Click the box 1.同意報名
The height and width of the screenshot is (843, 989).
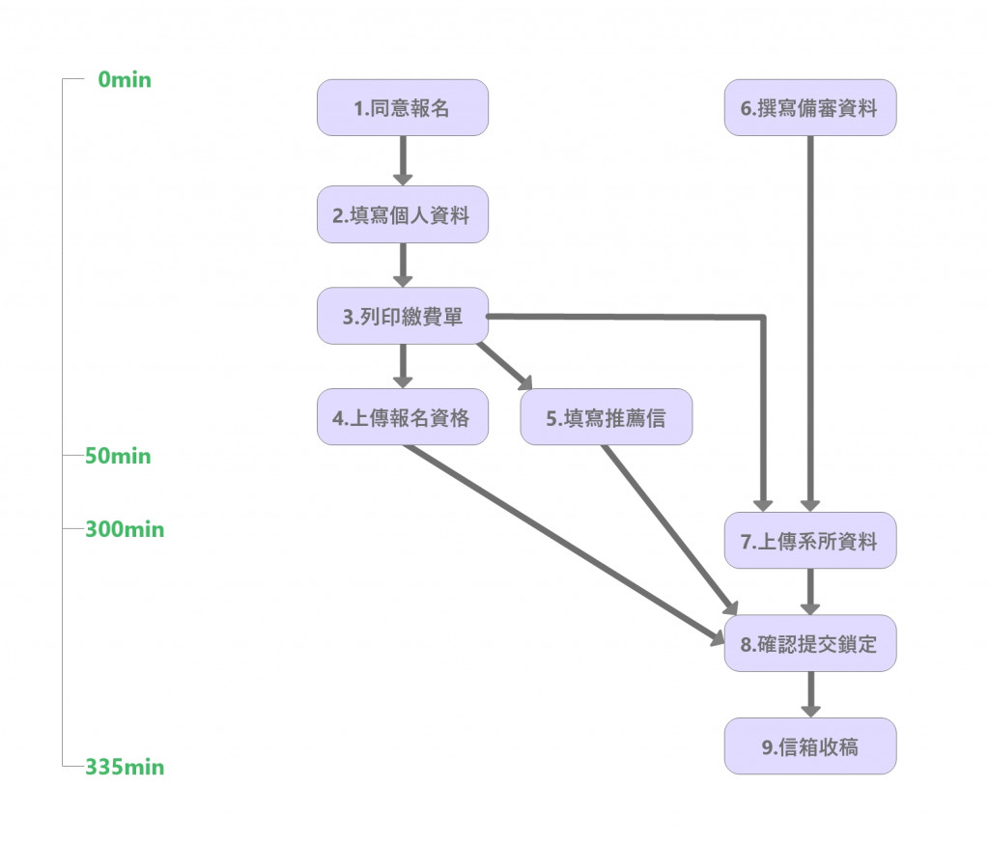point(403,108)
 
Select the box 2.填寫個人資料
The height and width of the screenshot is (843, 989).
point(403,214)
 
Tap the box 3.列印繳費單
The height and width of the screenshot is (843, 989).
point(403,316)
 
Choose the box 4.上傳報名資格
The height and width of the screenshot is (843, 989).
point(403,417)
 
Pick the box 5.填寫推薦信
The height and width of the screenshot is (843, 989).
point(606,417)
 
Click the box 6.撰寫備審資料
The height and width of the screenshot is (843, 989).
point(809,108)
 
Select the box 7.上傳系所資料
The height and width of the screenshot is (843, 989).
point(809,541)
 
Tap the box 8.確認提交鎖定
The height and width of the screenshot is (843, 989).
point(809,643)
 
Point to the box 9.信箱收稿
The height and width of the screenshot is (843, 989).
point(809,745)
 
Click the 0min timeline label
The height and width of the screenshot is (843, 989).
point(125,80)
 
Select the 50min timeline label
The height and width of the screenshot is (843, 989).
point(118,456)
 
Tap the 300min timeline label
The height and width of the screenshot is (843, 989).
point(125,530)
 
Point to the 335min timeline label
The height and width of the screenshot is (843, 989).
point(125,768)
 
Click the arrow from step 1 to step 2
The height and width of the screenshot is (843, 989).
point(403,160)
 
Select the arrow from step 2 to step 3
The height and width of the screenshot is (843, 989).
point(403,265)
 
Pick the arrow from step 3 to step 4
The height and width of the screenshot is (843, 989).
point(403,366)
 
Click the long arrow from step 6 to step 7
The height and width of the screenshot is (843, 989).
point(809,319)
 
